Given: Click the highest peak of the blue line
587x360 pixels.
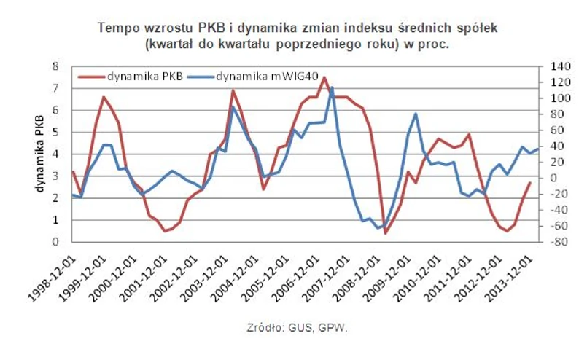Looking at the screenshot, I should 332,88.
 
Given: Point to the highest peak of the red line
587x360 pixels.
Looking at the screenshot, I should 324,77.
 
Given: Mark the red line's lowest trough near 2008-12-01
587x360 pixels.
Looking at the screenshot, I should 385,232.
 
